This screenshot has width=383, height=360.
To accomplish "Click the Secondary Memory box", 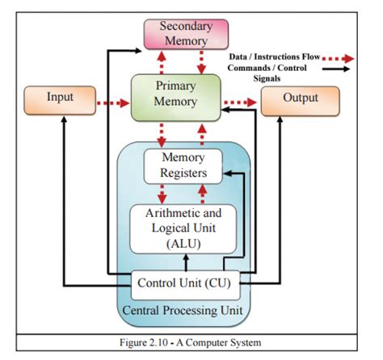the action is coord(186,34).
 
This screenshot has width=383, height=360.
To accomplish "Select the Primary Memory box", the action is coord(176,98).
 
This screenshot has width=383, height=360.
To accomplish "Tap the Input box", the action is coord(60,100).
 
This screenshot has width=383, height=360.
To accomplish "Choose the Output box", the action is coord(301,101).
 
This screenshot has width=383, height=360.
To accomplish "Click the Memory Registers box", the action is coord(183,166).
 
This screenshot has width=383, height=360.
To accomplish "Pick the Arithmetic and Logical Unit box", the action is coord(183,229).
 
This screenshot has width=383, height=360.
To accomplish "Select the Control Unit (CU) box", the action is coord(185,285).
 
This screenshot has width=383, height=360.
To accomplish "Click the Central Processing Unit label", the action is coord(183,311).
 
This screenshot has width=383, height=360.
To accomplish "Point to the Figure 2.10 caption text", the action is coord(191,342).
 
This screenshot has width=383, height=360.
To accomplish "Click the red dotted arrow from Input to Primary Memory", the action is coord(113,103).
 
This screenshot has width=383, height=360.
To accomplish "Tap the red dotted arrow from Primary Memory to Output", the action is coord(240,103).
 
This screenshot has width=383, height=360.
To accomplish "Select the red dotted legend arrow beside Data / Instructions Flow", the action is coord(338,58).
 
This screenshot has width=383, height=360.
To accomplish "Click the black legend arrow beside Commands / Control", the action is coord(336,69).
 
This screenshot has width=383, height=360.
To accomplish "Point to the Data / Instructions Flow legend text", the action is coord(275,57).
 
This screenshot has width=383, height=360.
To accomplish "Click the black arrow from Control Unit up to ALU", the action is coord(186,262).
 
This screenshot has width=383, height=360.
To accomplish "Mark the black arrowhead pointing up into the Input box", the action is coord(64,119).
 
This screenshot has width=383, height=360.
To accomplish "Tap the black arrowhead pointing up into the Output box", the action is coord(280,119).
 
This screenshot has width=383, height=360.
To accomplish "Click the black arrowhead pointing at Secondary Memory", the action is coord(138,50).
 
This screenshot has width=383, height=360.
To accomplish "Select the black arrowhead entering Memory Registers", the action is coord(228,174).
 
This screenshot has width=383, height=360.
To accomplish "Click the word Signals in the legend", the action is coord(267,78).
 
